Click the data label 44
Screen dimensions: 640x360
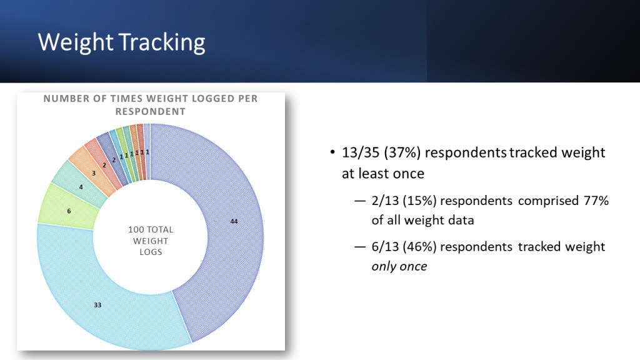coord(234,221)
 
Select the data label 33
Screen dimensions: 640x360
coord(97,305)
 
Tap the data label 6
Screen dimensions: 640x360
coord(69,211)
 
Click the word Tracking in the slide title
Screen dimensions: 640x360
coord(162,42)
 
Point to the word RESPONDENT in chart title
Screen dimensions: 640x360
coord(150,111)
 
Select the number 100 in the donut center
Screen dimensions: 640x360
coord(136,229)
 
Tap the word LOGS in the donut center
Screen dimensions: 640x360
coord(151,252)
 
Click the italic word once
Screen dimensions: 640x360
coord(414,266)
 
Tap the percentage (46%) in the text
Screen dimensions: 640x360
coord(419,247)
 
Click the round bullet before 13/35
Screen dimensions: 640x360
coord(332,152)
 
